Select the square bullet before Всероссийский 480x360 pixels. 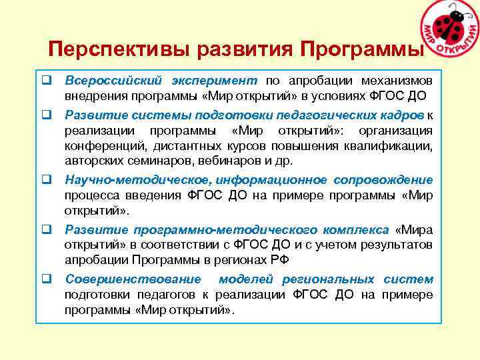point(47,81)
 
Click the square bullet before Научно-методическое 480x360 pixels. point(47,180)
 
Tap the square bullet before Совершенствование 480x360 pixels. point(47,279)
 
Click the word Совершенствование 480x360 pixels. point(123,279)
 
